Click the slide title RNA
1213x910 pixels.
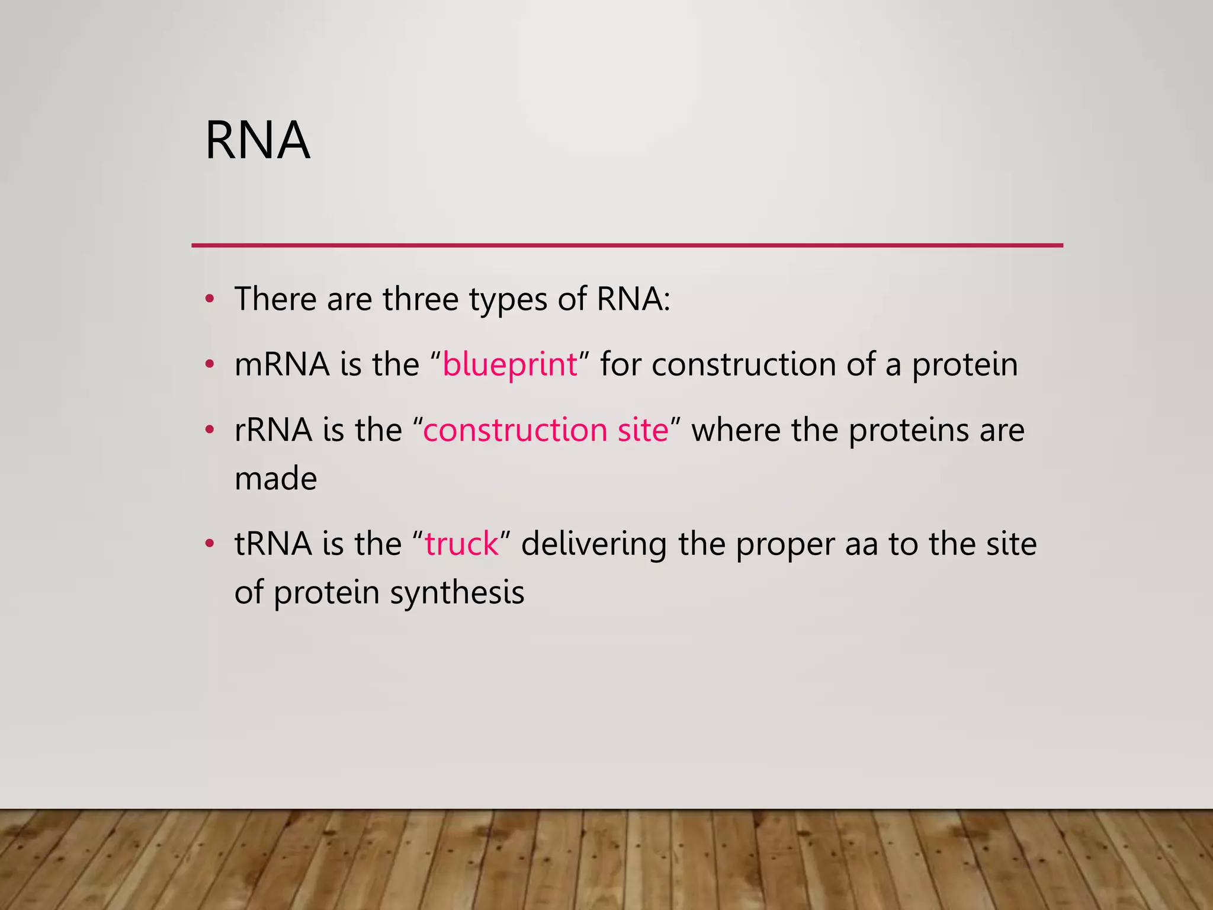click(x=258, y=140)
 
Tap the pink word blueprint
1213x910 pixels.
click(x=509, y=364)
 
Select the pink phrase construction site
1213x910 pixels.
click(x=545, y=430)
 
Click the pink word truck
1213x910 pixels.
click(x=462, y=543)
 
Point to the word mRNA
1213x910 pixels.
click(x=282, y=364)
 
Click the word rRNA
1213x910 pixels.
click(x=273, y=430)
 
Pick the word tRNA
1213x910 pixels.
click(x=273, y=543)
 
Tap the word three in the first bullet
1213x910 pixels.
click(x=421, y=299)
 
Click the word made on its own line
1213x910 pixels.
click(x=276, y=478)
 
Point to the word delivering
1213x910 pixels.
click(x=594, y=543)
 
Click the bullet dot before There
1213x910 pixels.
click(x=209, y=299)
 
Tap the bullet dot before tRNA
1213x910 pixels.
click(x=209, y=543)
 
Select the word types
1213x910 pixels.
click(x=508, y=300)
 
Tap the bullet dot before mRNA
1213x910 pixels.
click(x=209, y=364)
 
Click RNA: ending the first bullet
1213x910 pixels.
click(x=633, y=299)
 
